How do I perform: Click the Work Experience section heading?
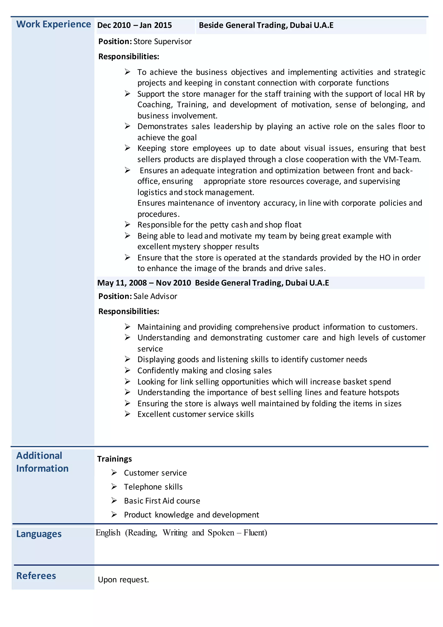point(53,24)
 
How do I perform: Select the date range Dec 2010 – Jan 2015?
point(135,25)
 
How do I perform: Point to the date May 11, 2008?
point(122,283)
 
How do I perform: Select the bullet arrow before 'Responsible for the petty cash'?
point(127,225)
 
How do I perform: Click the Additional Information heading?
point(42,462)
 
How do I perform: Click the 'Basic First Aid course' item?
point(162,501)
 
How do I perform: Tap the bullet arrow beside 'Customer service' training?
point(114,472)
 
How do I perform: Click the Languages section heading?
point(39,534)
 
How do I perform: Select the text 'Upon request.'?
point(123,580)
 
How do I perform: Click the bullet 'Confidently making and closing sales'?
point(204,371)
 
